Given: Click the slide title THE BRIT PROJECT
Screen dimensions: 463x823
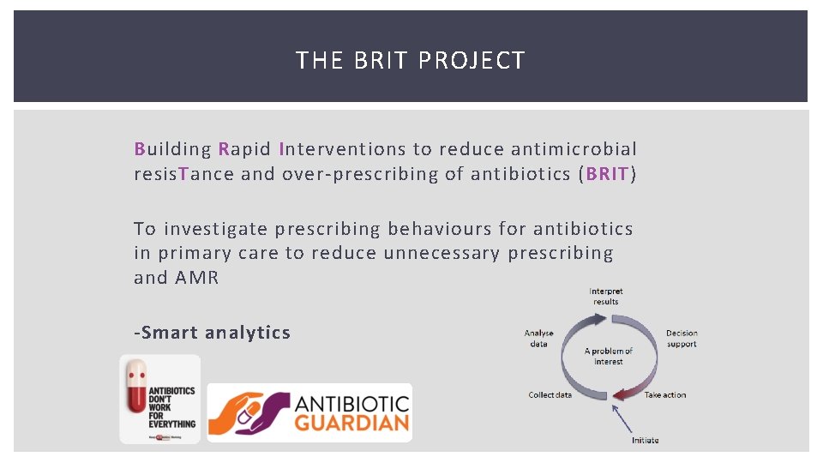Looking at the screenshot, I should tap(410, 61).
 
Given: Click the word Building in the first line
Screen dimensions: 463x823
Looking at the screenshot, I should tap(172, 149).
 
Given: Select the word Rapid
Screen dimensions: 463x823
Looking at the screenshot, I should tap(244, 149).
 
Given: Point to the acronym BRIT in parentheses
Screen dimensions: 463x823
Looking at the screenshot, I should tap(608, 174).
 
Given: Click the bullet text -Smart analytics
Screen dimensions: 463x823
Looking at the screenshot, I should tap(212, 333).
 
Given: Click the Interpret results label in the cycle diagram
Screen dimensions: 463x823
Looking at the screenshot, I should tap(605, 296).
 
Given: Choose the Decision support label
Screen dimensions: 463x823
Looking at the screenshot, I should tap(682, 339).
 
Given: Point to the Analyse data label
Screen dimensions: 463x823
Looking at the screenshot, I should tap(539, 338).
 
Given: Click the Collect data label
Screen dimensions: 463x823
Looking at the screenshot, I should tap(550, 395).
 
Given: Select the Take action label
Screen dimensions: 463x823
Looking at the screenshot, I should tap(665, 395).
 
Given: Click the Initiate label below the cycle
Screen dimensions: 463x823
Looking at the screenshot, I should tap(645, 440).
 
